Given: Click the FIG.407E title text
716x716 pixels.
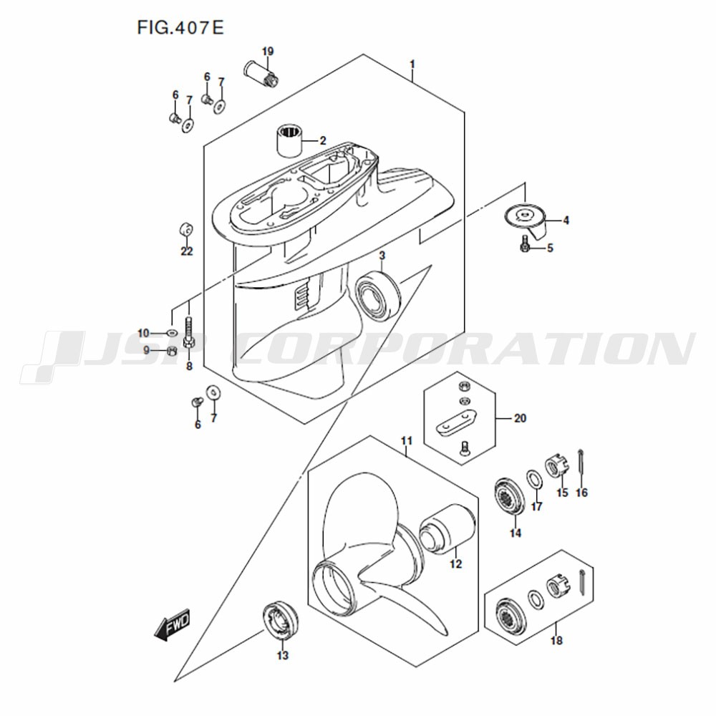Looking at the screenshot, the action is pos(180,28).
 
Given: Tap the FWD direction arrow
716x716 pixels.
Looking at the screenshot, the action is pos(172,624).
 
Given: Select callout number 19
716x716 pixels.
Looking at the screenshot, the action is pos(268,52).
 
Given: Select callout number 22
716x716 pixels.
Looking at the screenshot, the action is pos(187,251).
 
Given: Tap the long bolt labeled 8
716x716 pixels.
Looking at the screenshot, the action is pos(189,336).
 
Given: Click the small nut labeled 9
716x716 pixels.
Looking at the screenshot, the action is pos(170,351).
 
